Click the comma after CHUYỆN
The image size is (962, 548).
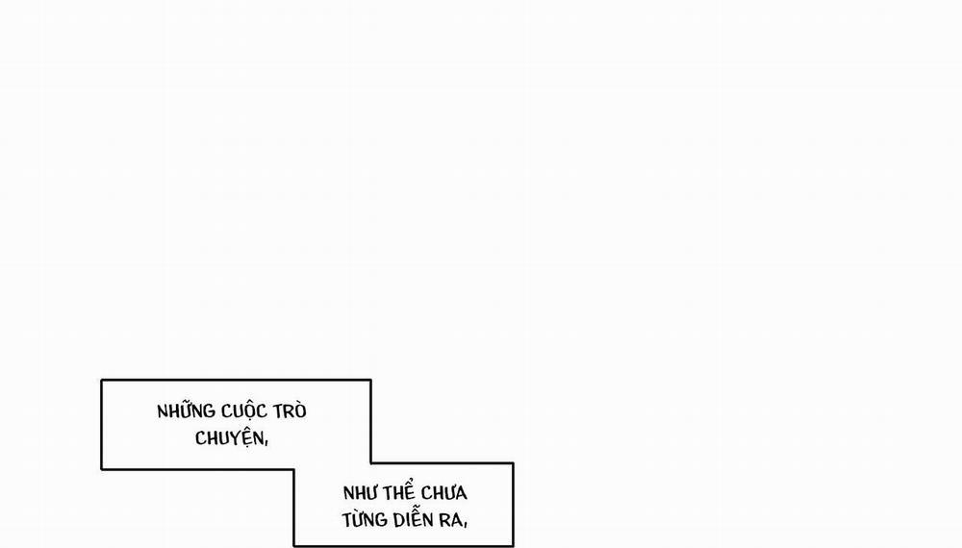click(x=263, y=444)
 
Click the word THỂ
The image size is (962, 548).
click(x=403, y=493)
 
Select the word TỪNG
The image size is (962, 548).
click(x=363, y=520)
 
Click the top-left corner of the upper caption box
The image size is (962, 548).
click(x=101, y=380)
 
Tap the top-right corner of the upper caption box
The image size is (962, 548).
click(x=370, y=380)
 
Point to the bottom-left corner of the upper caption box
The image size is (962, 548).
click(x=101, y=469)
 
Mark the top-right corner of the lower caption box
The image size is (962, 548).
click(x=513, y=463)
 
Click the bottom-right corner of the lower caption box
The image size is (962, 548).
click(x=513, y=546)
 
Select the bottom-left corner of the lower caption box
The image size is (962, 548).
click(x=294, y=546)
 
